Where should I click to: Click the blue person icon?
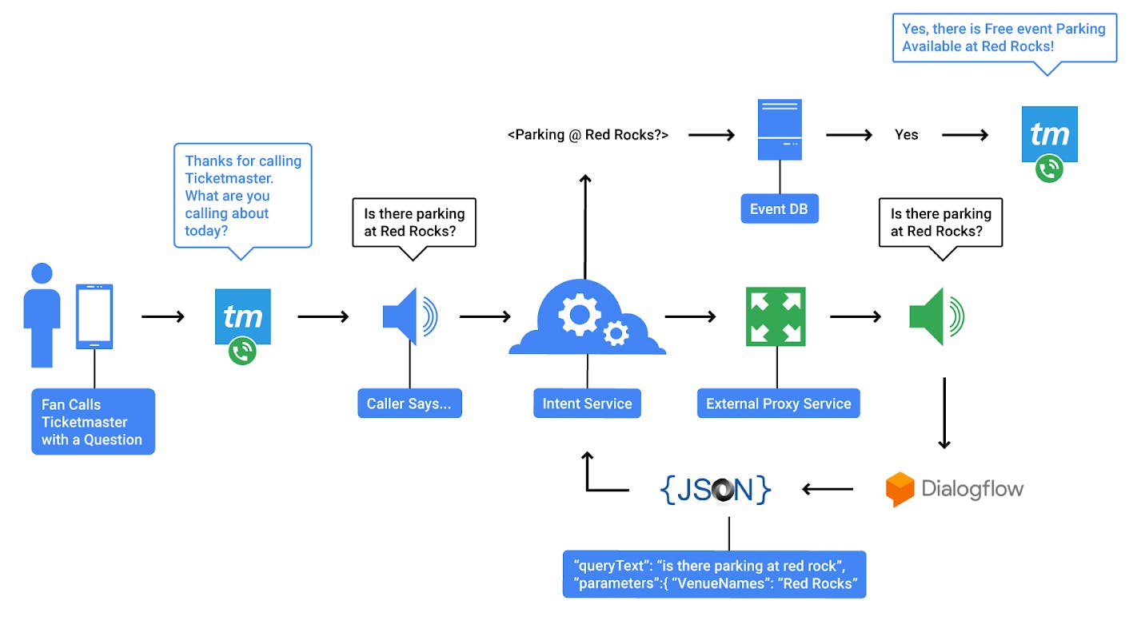[42, 316]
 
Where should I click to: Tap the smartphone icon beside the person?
[94, 316]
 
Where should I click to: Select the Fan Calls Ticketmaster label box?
[93, 422]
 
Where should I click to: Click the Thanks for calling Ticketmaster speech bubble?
[242, 195]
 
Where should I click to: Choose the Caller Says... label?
[409, 403]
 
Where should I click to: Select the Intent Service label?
[587, 403]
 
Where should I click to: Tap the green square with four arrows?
[775, 316]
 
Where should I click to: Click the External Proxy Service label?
[778, 403]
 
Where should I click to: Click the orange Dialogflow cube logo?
[900, 489]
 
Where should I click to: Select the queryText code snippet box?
[714, 574]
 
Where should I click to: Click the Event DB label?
[779, 209]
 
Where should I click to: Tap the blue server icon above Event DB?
[780, 129]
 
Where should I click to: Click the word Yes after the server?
[906, 135]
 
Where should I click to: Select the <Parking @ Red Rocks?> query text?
[588, 135]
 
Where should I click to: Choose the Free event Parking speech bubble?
[1003, 38]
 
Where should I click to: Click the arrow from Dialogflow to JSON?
[828, 489]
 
